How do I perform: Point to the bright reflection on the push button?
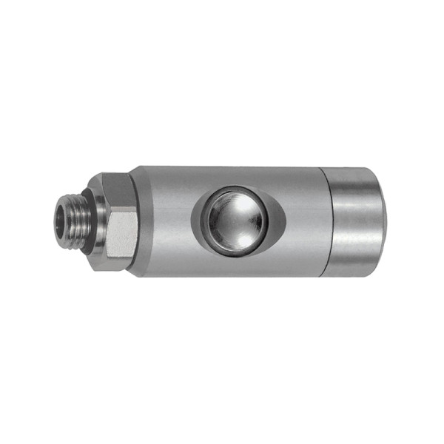[x=221, y=210]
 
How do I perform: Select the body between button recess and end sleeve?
[x=300, y=220]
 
